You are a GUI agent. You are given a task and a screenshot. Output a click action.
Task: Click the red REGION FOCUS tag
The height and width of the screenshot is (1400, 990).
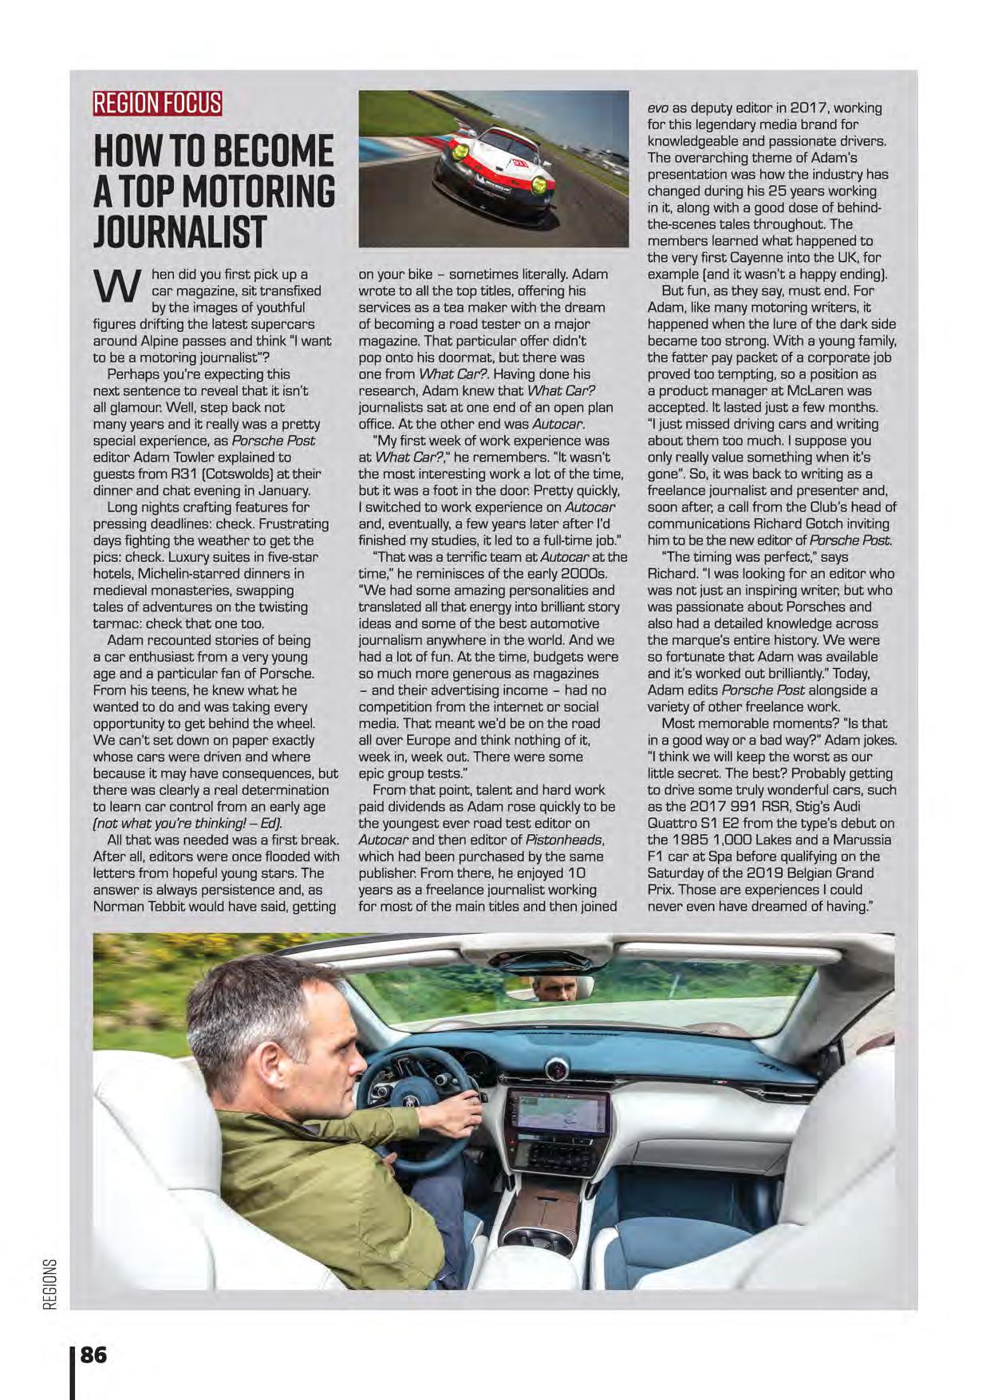click(x=157, y=104)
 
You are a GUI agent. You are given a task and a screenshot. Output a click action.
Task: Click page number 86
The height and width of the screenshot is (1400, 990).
click(x=93, y=1355)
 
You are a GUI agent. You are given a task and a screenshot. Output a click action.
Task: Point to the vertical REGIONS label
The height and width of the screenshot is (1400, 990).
click(x=49, y=1284)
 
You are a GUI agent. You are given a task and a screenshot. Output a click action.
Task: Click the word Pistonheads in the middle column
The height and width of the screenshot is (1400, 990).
click(x=568, y=840)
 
